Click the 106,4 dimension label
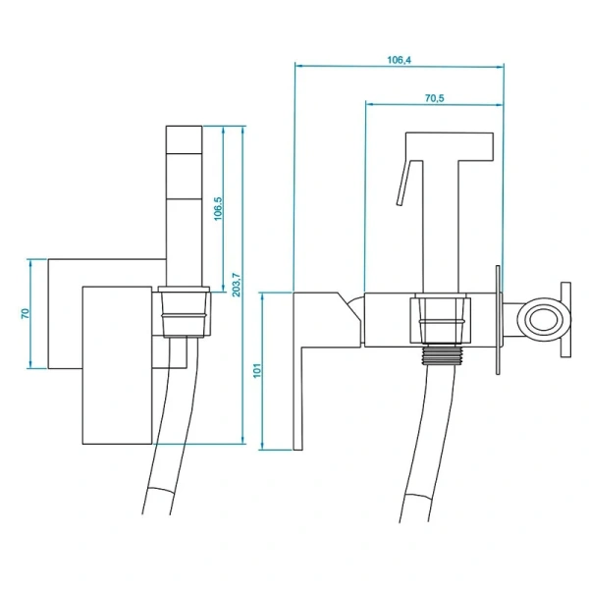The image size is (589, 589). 399,60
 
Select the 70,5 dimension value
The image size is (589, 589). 434,98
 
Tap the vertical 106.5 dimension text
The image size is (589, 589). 218,209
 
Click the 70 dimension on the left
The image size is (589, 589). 26,313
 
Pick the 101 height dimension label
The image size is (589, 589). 257,370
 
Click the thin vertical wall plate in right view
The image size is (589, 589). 499,320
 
